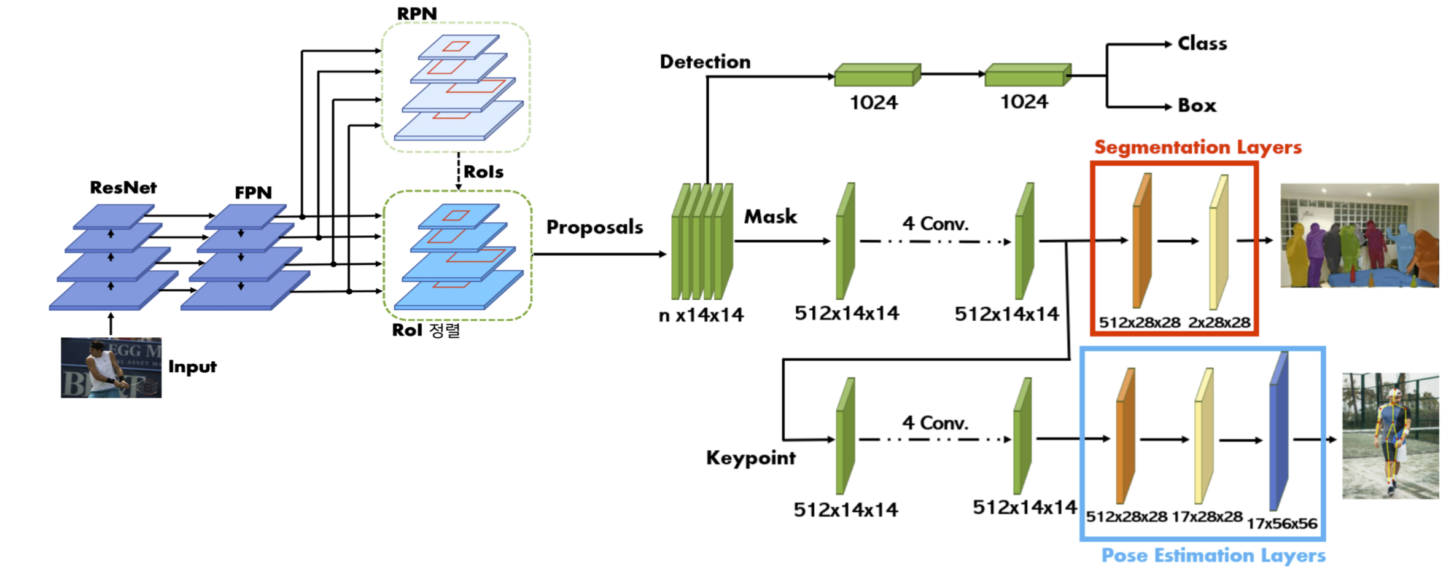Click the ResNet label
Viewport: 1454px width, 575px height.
point(123,187)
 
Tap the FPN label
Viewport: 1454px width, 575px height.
point(253,192)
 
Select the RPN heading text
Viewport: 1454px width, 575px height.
point(417,14)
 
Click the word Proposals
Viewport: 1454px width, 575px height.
point(594,227)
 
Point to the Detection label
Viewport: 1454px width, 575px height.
point(705,62)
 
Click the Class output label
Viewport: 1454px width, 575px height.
point(1202,44)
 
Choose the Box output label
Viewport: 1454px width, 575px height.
point(1197,106)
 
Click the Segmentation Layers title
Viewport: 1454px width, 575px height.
point(1197,147)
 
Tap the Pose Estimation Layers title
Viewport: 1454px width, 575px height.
point(1213,555)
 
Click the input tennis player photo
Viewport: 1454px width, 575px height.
point(111,367)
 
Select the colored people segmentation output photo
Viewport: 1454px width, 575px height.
point(1359,235)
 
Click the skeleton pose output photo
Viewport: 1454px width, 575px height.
point(1390,436)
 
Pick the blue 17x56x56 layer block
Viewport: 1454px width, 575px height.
point(1278,431)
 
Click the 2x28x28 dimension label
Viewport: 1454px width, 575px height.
point(1219,323)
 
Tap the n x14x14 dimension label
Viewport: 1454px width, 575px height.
point(701,315)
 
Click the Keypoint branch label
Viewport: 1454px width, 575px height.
point(750,458)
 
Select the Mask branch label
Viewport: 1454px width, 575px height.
point(770,217)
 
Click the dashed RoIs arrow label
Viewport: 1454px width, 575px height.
point(483,172)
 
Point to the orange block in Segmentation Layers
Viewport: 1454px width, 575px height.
point(1141,241)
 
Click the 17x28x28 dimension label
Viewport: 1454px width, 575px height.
point(1207,517)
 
